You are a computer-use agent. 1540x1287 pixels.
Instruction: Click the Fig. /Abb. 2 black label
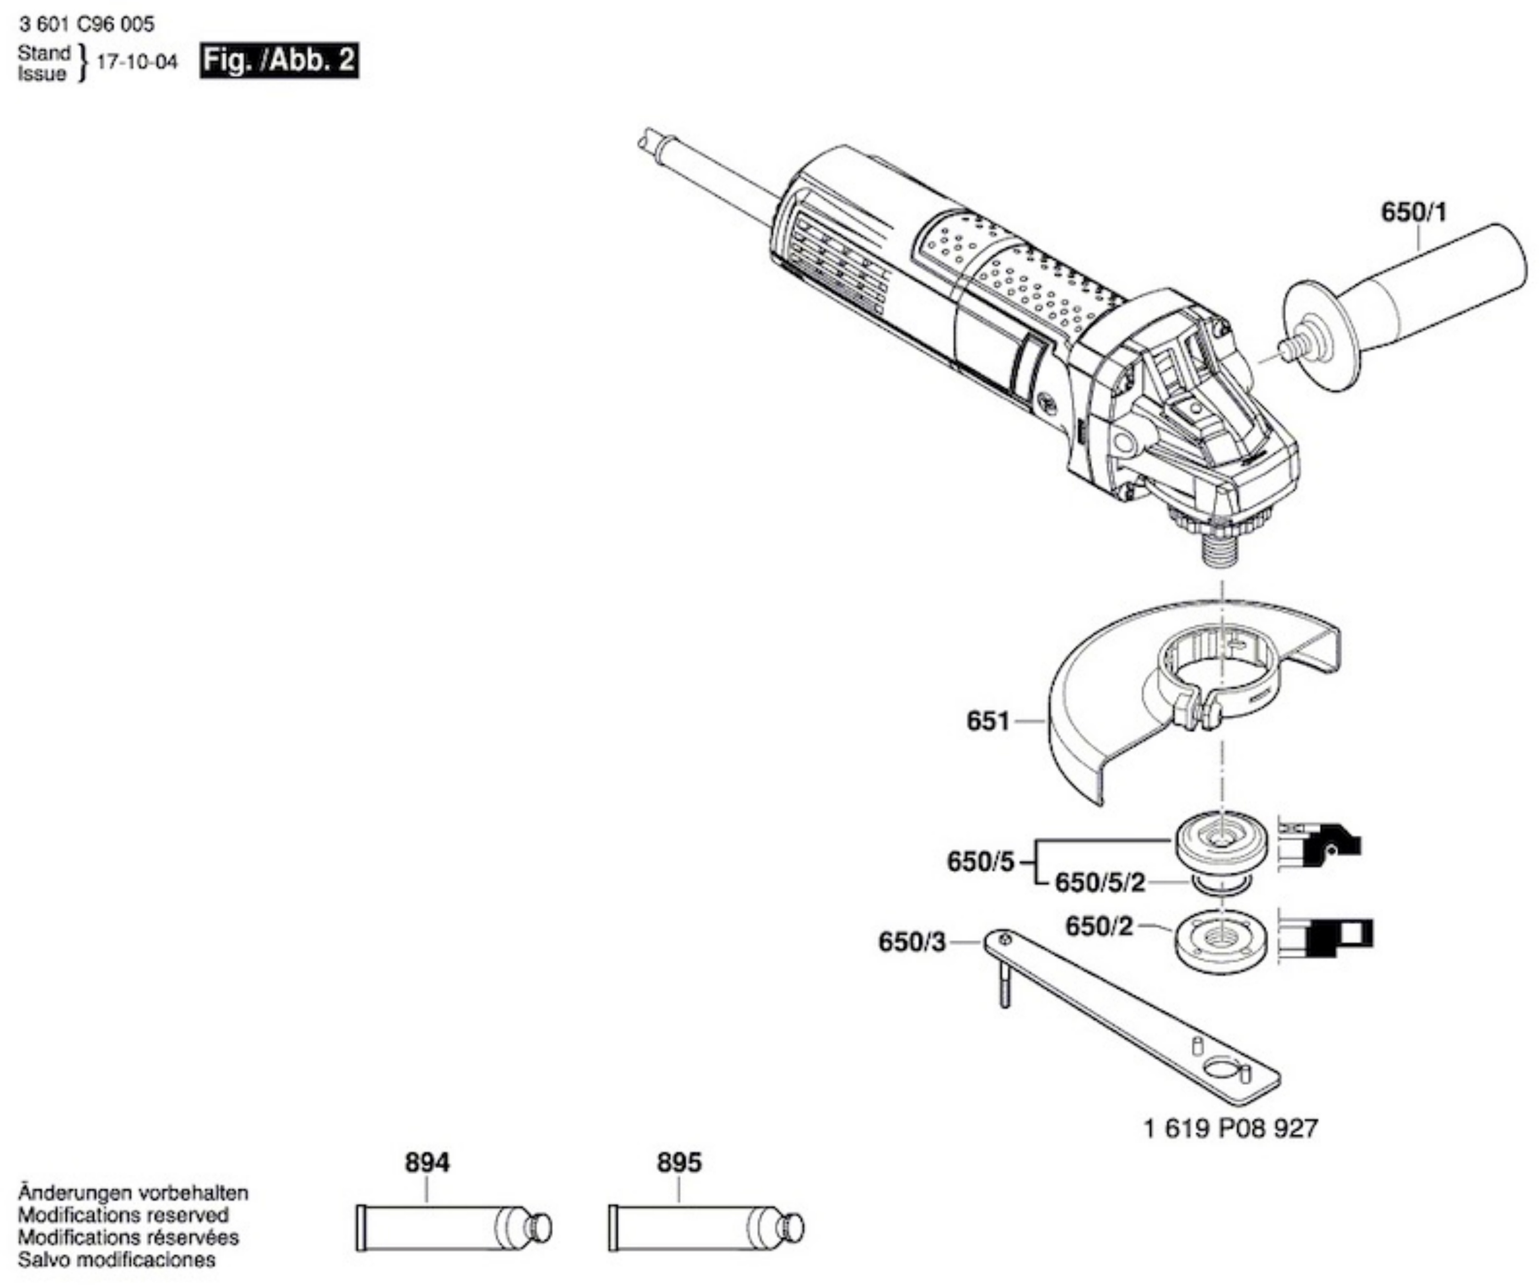click(279, 60)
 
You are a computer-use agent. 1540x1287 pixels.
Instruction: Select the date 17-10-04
click(137, 62)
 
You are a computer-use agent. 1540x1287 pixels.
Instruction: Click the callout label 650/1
click(1414, 213)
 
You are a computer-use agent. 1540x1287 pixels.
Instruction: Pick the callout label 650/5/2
click(1099, 883)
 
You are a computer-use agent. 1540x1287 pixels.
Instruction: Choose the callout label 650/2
click(1099, 926)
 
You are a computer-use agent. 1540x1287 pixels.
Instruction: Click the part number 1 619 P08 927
click(1230, 1128)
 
